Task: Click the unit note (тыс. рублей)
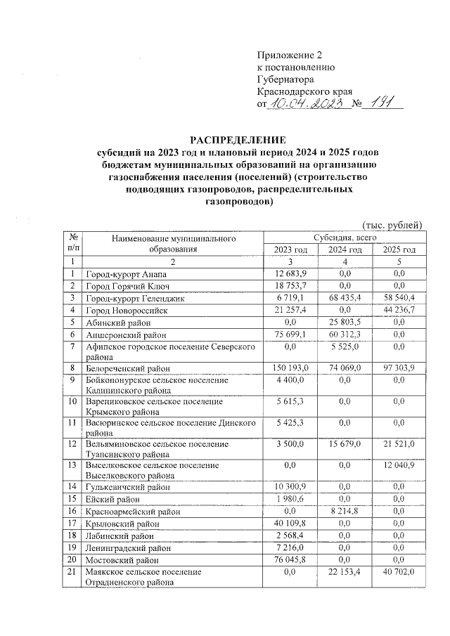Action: pyautogui.click(x=392, y=225)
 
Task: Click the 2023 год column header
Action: pyautogui.click(x=290, y=249)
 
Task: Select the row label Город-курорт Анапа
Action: pyautogui.click(x=125, y=273)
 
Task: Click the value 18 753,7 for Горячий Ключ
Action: pyautogui.click(x=290, y=285)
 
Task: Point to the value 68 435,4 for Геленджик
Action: pyautogui.click(x=345, y=298)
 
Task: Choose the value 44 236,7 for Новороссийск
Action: pyautogui.click(x=399, y=310)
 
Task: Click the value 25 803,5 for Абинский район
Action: pyautogui.click(x=345, y=322)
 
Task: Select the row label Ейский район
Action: pyautogui.click(x=112, y=498)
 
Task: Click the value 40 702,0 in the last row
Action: pyautogui.click(x=399, y=572)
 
